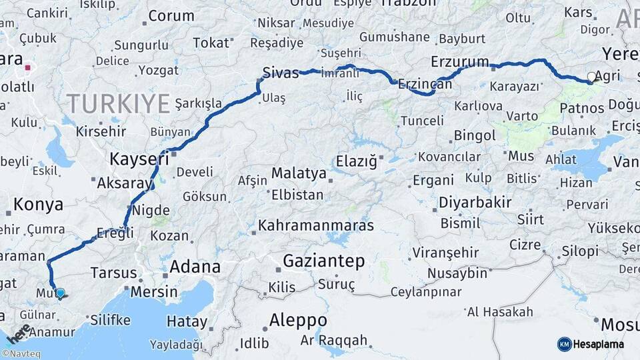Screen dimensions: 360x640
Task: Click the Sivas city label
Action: (x=280, y=72)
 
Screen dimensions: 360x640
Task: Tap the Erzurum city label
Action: (x=460, y=62)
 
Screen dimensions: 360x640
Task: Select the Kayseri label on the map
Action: (x=139, y=159)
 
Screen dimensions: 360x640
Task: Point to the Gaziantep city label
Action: (x=324, y=261)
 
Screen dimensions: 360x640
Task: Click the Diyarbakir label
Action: (x=475, y=203)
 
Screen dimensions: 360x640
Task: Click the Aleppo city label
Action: (x=298, y=321)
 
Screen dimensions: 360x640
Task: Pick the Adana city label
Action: (x=195, y=267)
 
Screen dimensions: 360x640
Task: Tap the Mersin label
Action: (x=154, y=291)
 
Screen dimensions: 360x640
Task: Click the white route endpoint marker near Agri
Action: (x=591, y=77)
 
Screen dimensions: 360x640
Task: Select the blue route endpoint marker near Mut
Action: (x=60, y=293)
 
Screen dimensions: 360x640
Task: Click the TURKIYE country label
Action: (x=118, y=103)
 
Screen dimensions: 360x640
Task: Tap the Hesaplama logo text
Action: (x=598, y=344)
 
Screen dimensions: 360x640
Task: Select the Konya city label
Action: (x=38, y=205)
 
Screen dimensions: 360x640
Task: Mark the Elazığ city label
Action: (x=357, y=161)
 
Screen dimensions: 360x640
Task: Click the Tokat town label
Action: (x=210, y=43)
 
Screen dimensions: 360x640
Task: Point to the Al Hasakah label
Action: (x=500, y=312)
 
